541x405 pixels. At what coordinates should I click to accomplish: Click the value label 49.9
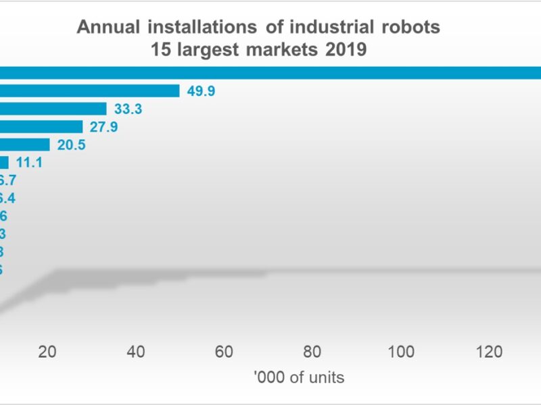point(201,90)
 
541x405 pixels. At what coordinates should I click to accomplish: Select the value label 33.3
point(128,109)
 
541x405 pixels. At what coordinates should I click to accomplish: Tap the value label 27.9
point(104,127)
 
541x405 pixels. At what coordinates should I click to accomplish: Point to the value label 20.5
point(72,144)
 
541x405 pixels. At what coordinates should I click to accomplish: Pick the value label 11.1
point(30,163)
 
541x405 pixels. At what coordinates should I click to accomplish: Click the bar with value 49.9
point(89,90)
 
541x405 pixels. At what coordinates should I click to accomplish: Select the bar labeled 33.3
point(53,109)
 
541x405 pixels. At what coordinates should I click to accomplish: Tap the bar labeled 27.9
point(41,127)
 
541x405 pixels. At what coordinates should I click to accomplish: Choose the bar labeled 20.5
point(24,144)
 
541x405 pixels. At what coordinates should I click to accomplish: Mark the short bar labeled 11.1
point(4,163)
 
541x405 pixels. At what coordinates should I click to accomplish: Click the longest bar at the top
point(270,73)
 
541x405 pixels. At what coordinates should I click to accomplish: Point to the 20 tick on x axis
point(47,352)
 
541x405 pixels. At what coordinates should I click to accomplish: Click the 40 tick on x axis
point(136,352)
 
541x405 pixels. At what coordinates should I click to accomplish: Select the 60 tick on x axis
point(224,352)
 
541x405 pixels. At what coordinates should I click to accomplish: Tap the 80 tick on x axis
point(312,352)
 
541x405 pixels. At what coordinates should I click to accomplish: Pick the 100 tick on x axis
point(401,352)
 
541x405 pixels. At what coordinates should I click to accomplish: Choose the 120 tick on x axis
point(489,352)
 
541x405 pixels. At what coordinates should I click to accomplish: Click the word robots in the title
point(408,28)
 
